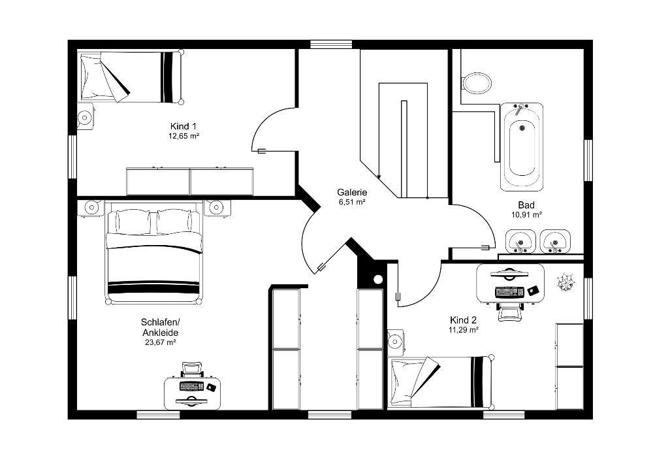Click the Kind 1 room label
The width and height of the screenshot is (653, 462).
click(183, 126)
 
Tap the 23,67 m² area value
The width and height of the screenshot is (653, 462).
click(161, 342)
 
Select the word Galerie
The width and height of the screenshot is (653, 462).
click(352, 193)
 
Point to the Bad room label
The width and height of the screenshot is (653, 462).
click(526, 205)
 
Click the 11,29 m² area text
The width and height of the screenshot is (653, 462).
click(463, 330)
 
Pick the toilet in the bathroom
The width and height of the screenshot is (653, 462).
click(477, 82)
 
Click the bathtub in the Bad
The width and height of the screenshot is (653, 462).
click(522, 146)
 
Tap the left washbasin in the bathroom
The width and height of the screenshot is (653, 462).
click(520, 241)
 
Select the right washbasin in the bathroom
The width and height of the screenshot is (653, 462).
click(554, 241)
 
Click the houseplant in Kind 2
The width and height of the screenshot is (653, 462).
click(565, 282)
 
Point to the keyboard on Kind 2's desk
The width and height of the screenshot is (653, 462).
click(509, 291)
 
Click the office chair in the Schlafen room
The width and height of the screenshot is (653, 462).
click(191, 369)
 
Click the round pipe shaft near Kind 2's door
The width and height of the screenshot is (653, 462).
click(377, 280)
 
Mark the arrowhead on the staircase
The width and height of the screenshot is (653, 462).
click(379, 176)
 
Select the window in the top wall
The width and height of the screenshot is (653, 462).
click(332, 44)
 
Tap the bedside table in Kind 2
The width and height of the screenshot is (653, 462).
click(395, 342)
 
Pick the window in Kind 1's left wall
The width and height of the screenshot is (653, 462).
click(72, 156)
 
